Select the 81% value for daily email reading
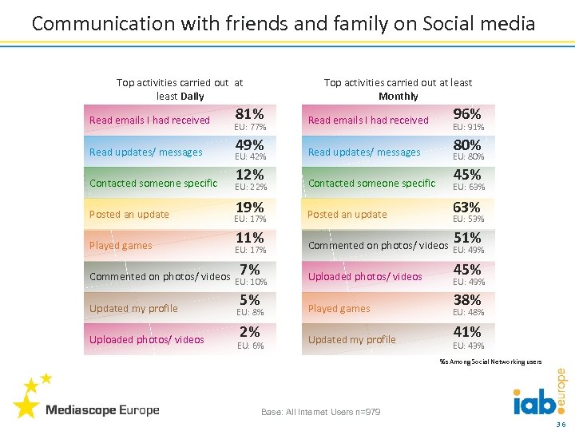pos(251,113)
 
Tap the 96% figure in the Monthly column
pos(467,113)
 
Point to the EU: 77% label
pos(250,127)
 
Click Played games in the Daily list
pos(121,246)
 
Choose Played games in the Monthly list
pos(339,308)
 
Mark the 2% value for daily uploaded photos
pos(250,331)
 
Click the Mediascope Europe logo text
pos(102,410)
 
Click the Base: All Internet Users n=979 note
pos(321,412)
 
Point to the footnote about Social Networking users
pos(490,362)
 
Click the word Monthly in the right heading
pos(398,96)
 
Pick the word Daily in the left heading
pos(192,96)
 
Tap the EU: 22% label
pos(250,188)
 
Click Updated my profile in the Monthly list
pos(351,339)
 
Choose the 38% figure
pos(467,300)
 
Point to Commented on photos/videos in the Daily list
pos(160,277)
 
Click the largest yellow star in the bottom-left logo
pos(26,406)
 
